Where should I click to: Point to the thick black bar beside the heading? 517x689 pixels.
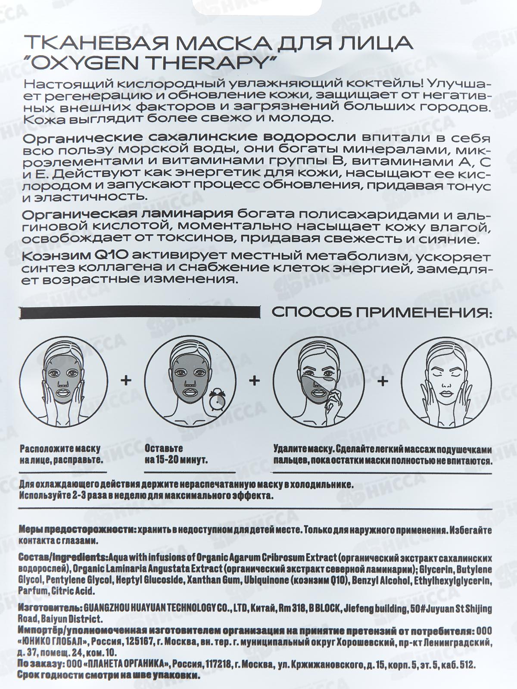pos(141,313)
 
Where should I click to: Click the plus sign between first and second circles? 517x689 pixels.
pos(126,380)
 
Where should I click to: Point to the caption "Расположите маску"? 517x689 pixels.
pos(60,449)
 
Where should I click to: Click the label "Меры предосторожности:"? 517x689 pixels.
pos(76,530)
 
